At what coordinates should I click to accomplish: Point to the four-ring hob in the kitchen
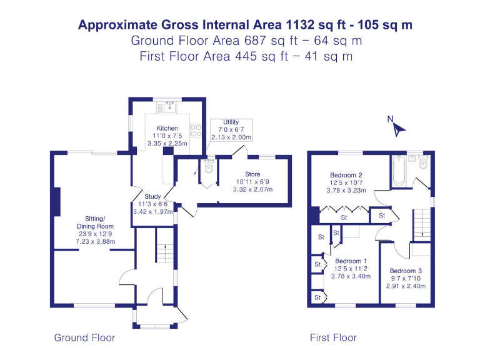194,130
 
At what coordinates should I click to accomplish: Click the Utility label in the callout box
231,122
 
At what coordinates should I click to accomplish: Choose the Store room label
252,174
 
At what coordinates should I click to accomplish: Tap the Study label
153,196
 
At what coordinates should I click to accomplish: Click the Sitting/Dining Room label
95,222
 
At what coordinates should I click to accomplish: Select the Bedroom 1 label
351,261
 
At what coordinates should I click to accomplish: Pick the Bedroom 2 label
347,175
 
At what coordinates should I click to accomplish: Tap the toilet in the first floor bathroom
424,162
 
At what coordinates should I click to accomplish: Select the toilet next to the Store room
209,167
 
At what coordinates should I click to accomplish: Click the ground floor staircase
164,250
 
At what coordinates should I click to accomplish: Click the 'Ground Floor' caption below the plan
84,337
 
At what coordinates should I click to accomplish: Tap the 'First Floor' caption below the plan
333,337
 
